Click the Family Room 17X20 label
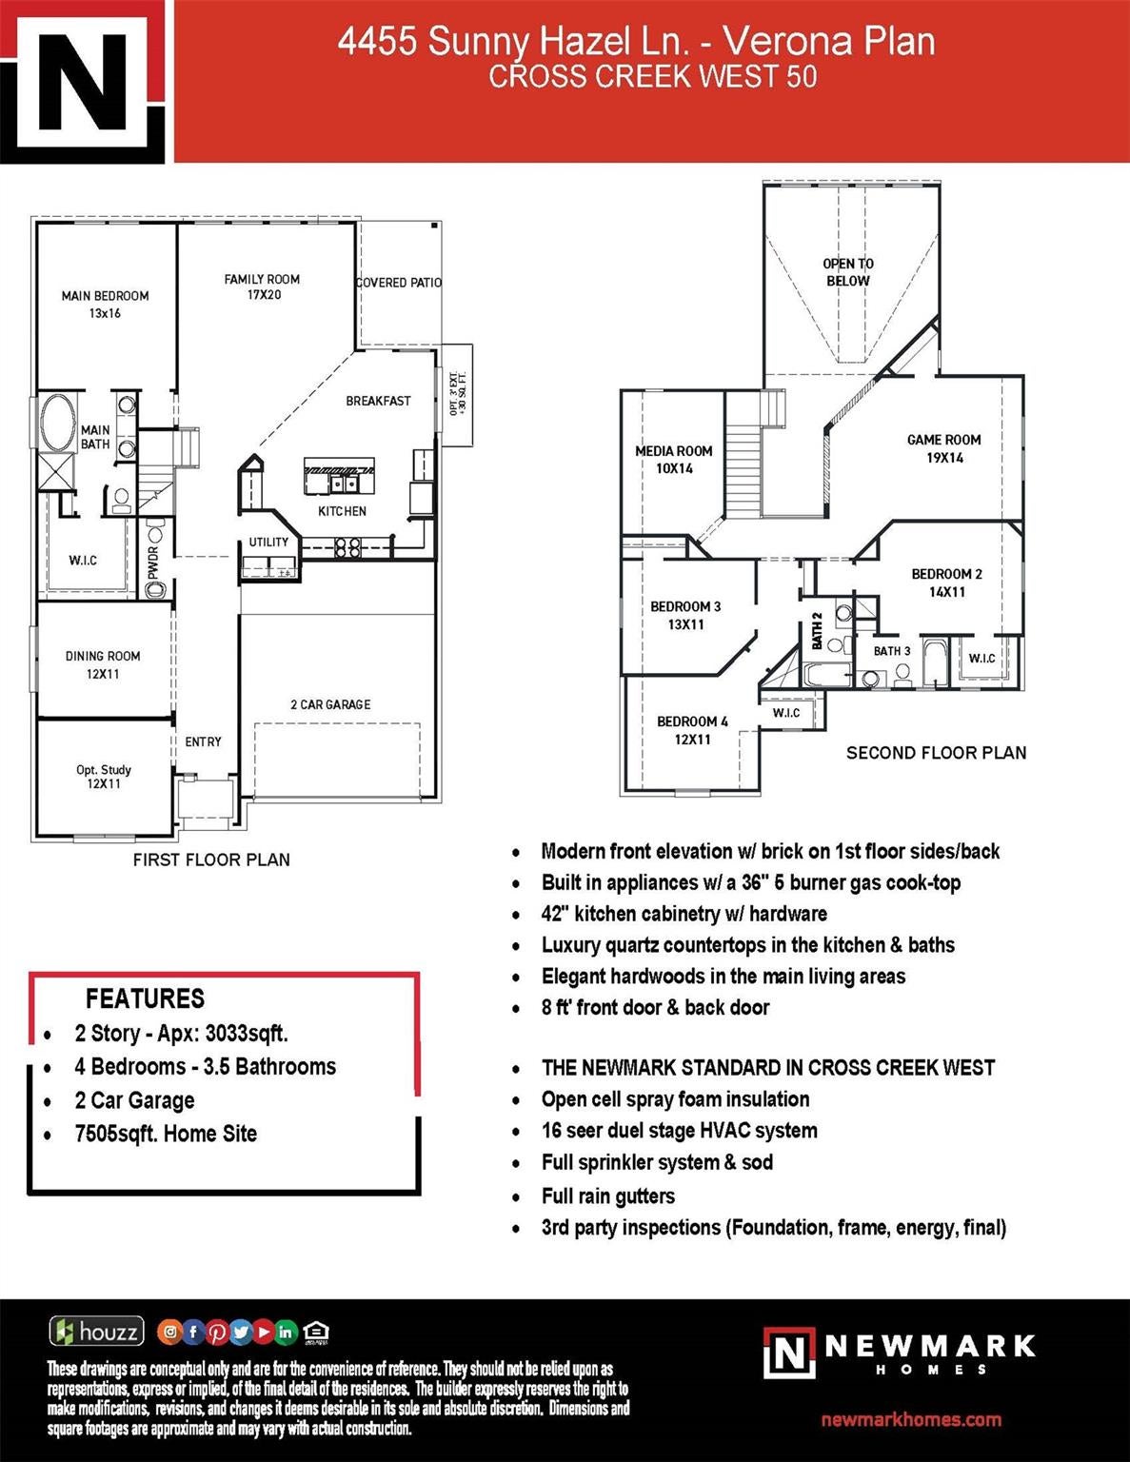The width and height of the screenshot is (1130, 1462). click(263, 286)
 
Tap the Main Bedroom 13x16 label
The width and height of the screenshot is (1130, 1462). click(105, 304)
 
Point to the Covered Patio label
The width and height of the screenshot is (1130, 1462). click(399, 283)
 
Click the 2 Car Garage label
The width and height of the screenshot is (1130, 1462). click(330, 704)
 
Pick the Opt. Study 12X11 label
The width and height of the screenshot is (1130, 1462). click(104, 777)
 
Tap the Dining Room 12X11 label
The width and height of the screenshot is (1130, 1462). click(103, 664)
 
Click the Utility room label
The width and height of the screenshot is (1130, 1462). click(268, 542)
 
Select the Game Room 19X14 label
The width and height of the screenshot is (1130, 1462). click(943, 448)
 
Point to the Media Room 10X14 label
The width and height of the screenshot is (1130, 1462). click(674, 460)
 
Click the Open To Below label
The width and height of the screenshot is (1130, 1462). click(848, 272)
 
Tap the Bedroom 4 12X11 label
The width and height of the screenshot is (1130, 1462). click(692, 730)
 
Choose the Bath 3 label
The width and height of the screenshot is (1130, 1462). click(892, 651)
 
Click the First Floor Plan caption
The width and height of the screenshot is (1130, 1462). click(211, 859)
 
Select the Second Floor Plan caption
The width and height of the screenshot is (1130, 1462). click(937, 752)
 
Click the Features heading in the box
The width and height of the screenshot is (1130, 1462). click(145, 998)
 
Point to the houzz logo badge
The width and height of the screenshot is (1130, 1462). click(97, 1331)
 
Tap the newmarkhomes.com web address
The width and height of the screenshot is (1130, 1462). click(911, 1419)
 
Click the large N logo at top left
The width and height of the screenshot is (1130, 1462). click(82, 82)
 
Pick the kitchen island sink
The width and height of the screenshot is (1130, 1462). click(345, 484)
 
